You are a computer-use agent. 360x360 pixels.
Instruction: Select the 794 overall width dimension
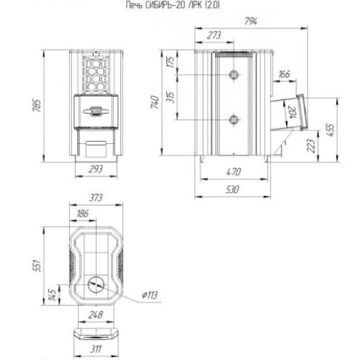click(251, 22)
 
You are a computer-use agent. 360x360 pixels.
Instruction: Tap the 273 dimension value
click(214, 35)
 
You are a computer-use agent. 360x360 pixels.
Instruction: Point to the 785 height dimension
click(37, 105)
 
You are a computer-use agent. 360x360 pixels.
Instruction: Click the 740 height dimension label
click(155, 102)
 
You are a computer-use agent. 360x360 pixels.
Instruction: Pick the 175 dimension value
click(171, 62)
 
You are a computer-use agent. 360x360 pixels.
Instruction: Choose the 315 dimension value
click(171, 97)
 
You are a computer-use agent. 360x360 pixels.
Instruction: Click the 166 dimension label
click(284, 74)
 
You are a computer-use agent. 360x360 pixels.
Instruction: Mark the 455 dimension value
click(330, 130)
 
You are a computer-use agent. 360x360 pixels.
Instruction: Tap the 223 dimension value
click(311, 145)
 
